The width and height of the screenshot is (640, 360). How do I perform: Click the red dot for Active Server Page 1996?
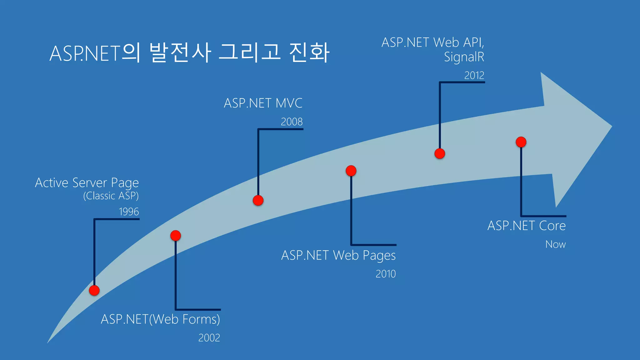tap(94, 290)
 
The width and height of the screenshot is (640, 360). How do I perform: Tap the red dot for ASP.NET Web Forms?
tap(176, 236)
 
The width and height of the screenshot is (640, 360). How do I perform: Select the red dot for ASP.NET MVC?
tap(258, 200)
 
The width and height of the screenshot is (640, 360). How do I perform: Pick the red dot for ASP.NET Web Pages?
tap(351, 171)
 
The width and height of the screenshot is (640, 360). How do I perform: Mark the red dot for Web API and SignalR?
tap(440, 153)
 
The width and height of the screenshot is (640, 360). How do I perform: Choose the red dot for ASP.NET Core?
tap(521, 142)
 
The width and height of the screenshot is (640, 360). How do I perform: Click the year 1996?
tap(129, 212)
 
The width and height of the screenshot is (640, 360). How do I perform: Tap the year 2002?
tap(209, 338)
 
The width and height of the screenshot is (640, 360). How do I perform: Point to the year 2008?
tap(292, 122)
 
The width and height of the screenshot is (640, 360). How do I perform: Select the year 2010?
tap(386, 274)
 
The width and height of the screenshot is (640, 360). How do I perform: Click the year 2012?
tap(474, 76)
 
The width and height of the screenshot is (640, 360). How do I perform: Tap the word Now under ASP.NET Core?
tap(555, 244)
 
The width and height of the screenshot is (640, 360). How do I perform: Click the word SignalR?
tap(464, 57)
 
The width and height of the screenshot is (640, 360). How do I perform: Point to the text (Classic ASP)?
tap(111, 196)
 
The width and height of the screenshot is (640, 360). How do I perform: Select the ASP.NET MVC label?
tap(263, 103)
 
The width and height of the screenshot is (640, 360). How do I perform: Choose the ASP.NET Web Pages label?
tap(338, 256)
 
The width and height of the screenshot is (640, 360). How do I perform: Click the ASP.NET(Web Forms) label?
tap(160, 319)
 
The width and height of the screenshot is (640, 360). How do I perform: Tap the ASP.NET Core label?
tap(527, 226)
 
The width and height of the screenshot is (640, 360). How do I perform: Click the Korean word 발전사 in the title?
tap(180, 52)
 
